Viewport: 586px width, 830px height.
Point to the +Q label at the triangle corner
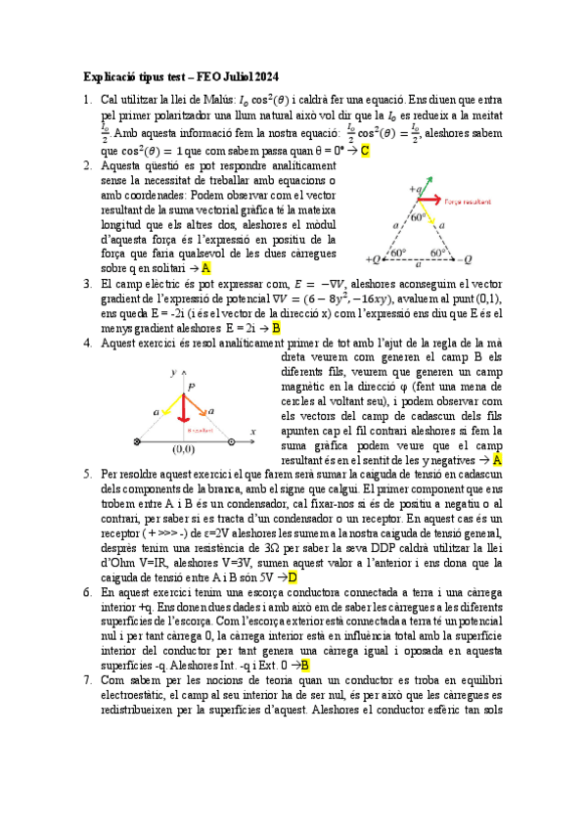[373, 259]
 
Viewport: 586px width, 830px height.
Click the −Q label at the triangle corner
[466, 259]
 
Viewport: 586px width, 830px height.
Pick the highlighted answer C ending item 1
[364, 151]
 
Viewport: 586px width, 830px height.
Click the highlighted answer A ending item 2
[205, 266]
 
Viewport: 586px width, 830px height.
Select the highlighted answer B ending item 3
[276, 328]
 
